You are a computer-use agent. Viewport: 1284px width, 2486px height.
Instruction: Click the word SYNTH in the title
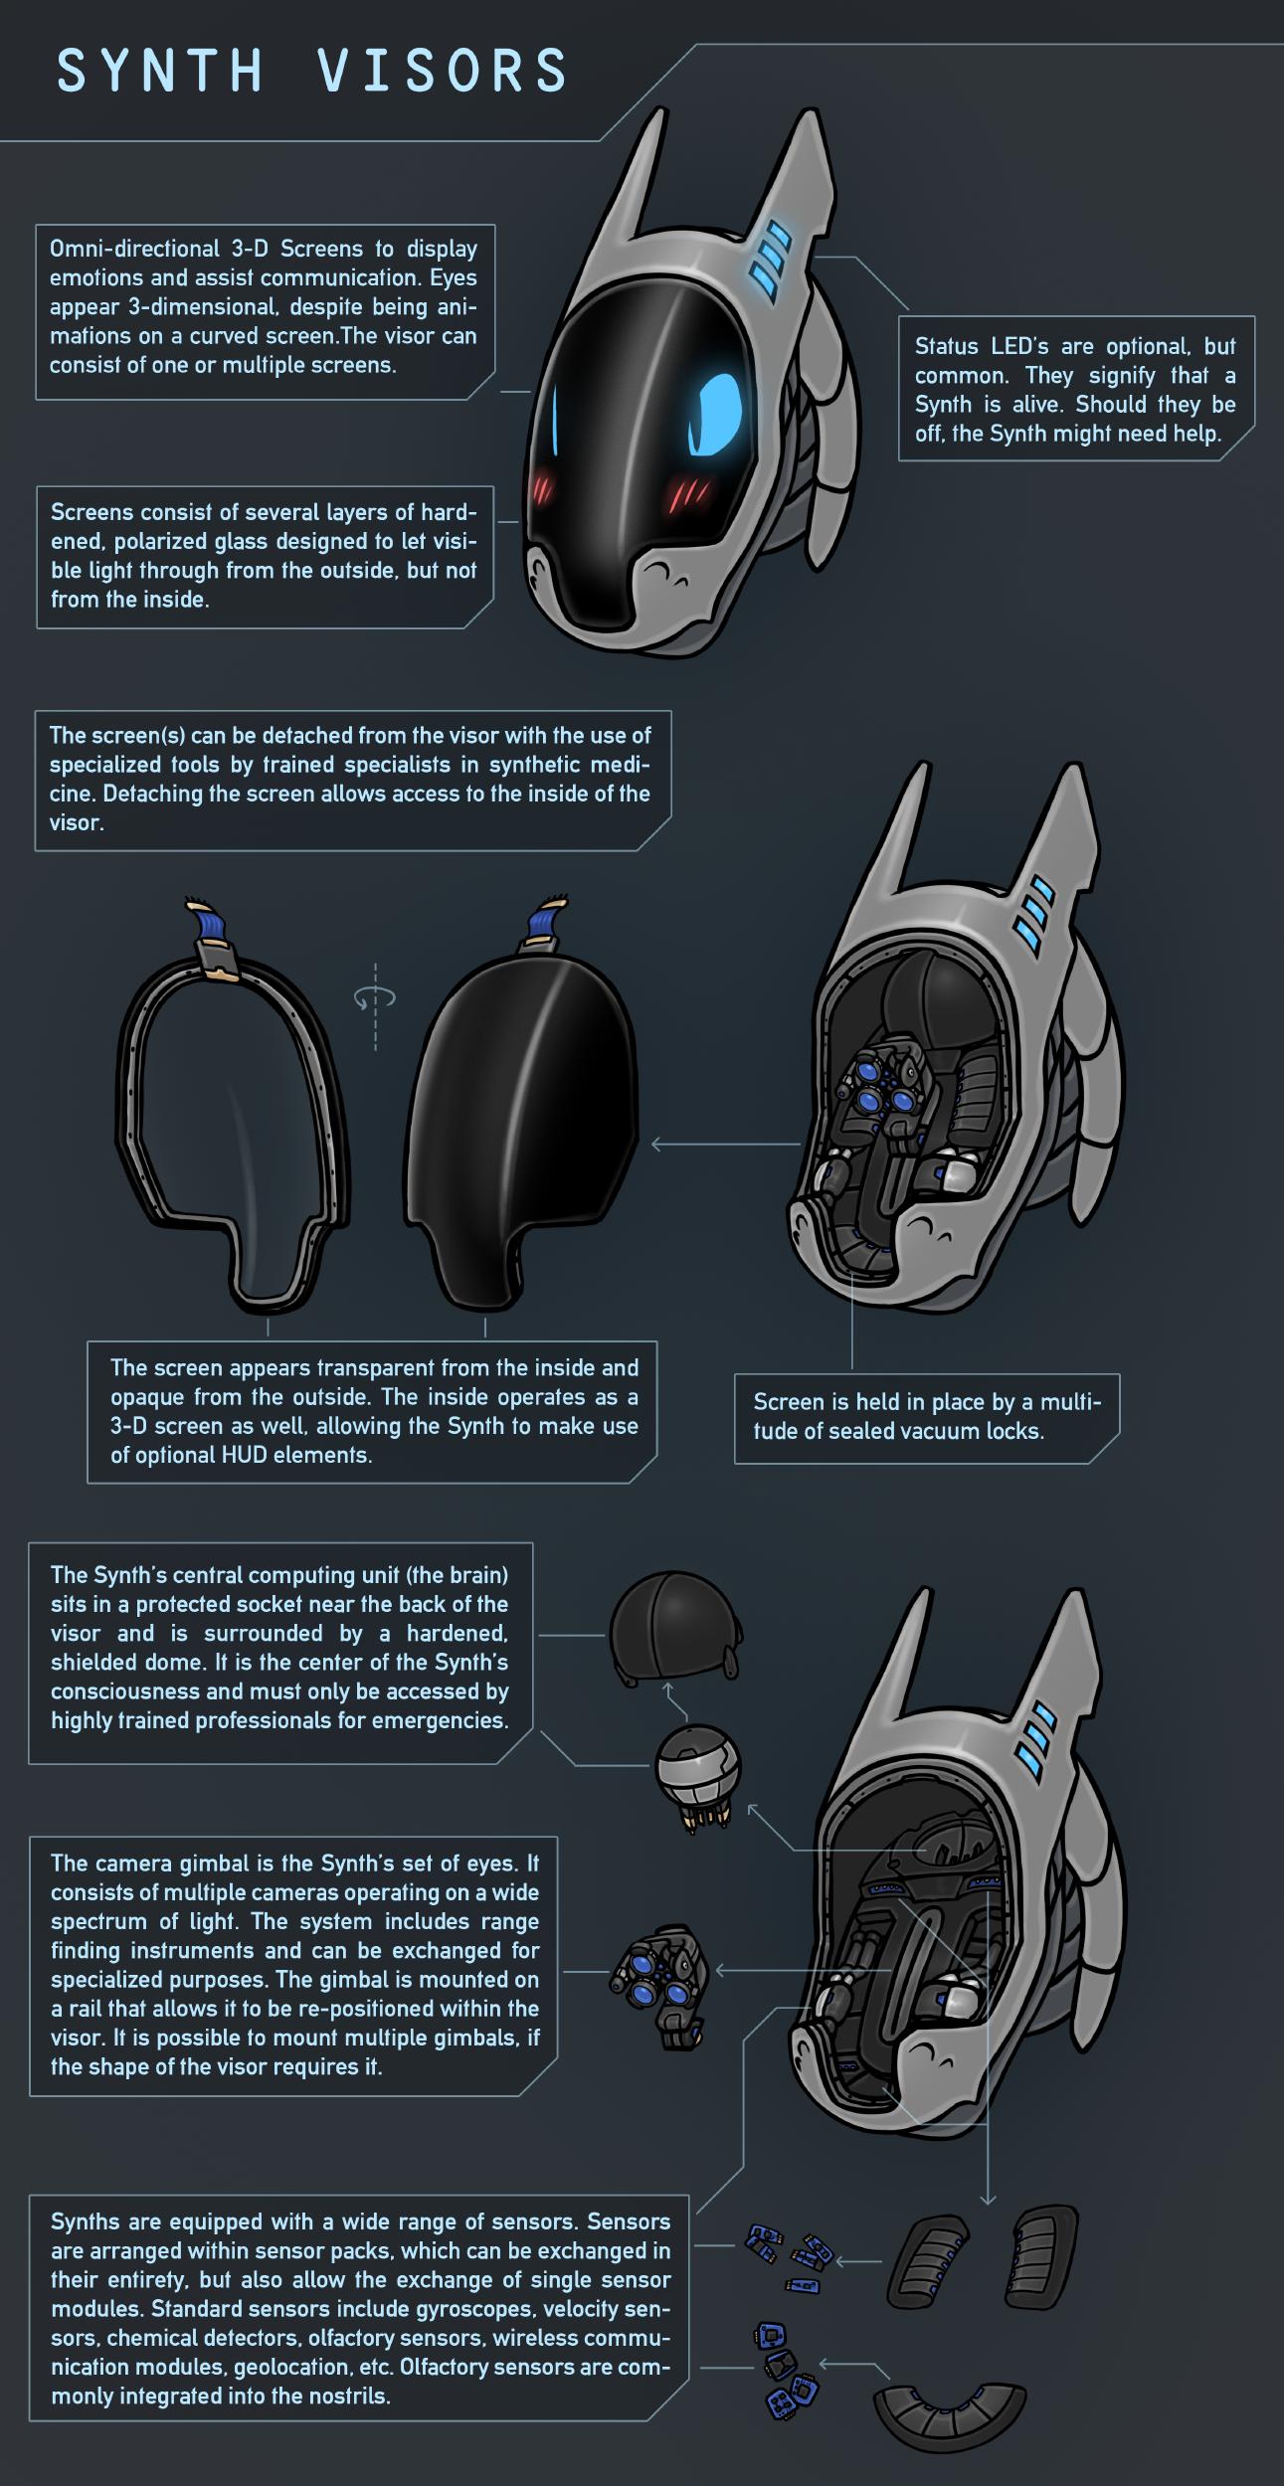[x=159, y=72]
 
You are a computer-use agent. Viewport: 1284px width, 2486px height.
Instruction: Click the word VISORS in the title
[x=443, y=72]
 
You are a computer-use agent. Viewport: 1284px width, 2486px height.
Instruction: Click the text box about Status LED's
[x=1076, y=389]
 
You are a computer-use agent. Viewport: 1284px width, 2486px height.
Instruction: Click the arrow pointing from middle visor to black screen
[x=726, y=1145]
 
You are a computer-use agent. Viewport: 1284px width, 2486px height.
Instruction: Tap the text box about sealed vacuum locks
[x=927, y=1418]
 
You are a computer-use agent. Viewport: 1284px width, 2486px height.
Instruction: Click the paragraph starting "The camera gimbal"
[x=294, y=1967]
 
